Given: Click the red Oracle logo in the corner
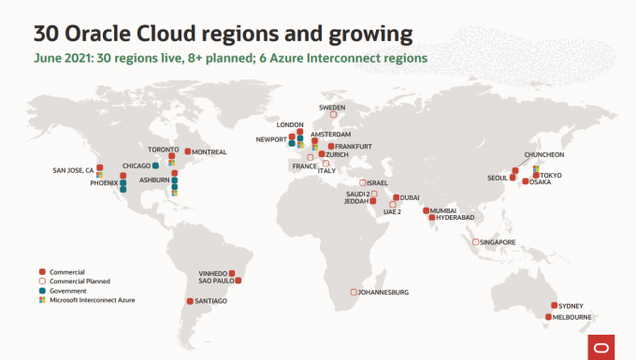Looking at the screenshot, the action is click(601, 348).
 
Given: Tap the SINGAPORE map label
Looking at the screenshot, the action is click(498, 242).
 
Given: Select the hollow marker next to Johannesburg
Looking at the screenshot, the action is click(354, 292).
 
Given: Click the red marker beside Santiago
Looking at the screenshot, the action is click(190, 301).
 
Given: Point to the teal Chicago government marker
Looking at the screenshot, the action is click(155, 166).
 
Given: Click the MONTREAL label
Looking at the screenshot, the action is click(209, 152).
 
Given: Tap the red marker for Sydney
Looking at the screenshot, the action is click(554, 305).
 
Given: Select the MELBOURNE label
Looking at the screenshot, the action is click(571, 317).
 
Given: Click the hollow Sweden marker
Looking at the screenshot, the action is click(333, 115).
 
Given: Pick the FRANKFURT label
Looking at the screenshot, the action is click(354, 147).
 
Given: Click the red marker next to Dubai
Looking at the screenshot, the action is click(397, 197).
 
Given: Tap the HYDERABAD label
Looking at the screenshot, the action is click(455, 217).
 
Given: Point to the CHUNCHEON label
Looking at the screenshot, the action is click(544, 154).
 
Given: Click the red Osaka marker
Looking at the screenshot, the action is click(526, 181).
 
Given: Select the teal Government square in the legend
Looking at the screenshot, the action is click(42, 291).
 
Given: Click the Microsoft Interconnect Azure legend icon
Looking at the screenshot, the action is click(42, 300).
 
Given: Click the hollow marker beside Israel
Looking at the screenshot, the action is click(363, 183).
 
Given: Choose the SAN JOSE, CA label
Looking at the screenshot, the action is click(73, 170).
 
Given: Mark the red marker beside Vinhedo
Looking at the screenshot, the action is click(232, 273).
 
